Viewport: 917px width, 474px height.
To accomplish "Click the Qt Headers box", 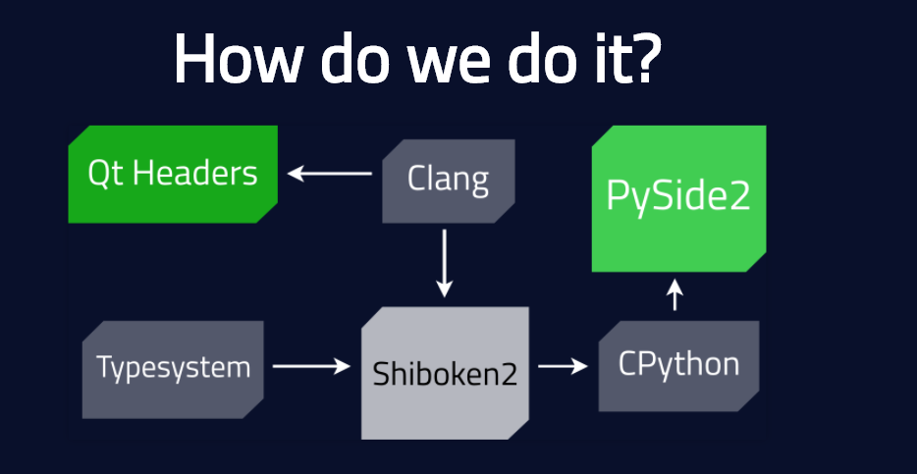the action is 173,174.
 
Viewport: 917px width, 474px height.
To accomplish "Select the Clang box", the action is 449,181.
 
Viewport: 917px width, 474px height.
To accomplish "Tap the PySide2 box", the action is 679,198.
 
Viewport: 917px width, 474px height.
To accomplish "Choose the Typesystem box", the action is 173,369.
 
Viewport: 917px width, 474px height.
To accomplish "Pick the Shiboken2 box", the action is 445,373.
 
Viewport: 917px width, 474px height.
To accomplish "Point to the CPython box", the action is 679,366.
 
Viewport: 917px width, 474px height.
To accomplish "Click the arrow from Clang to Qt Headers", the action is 330,174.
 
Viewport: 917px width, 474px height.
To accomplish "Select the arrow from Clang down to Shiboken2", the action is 445,263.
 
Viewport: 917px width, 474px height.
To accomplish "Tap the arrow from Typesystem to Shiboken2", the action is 311,366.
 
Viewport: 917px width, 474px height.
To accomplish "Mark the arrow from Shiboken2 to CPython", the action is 564,366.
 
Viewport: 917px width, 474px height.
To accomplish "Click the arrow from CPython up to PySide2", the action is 674,294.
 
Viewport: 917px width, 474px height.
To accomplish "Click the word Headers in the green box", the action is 195,174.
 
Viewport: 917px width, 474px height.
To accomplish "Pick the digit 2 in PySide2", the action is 738,195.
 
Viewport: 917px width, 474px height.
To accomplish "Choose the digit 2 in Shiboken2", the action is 507,375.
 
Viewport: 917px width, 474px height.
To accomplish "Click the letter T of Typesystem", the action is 106,367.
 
